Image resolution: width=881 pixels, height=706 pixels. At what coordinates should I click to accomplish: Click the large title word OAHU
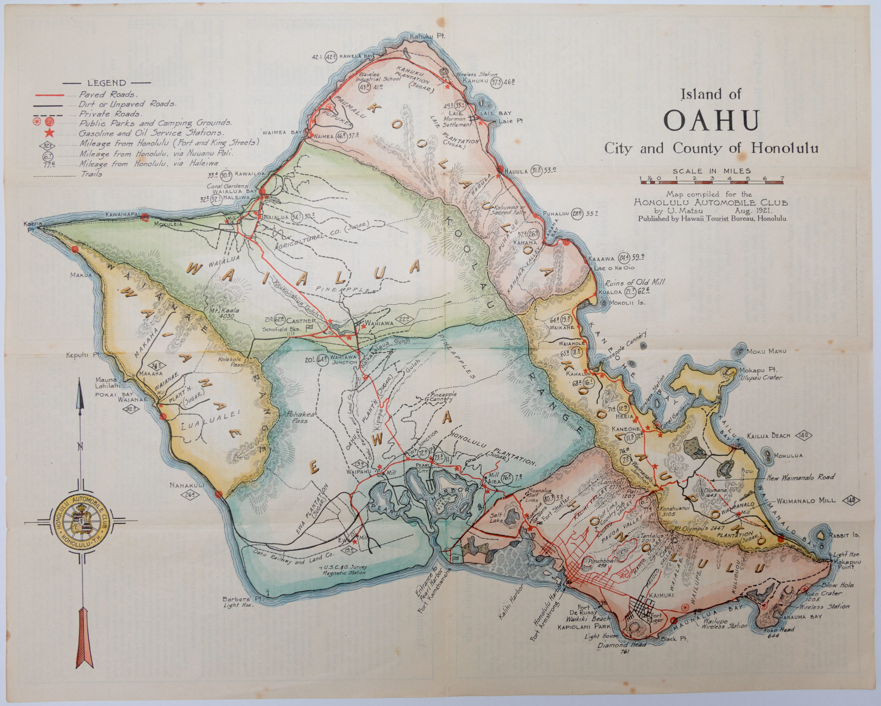711,120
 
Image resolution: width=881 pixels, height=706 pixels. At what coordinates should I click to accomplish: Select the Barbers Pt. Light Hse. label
238,602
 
